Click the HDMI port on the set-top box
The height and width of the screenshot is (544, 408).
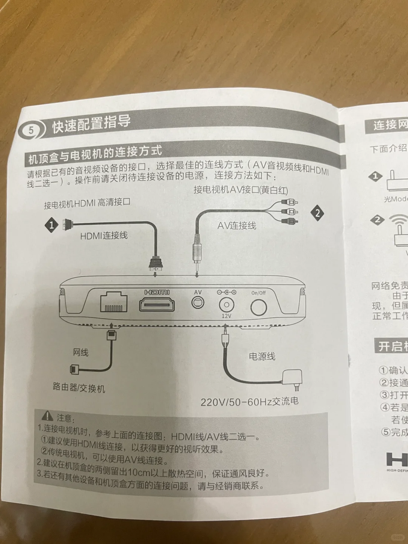157,304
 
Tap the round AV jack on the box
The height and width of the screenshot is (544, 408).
198,302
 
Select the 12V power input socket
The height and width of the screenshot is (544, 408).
226,304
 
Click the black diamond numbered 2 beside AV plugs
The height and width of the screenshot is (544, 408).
317,213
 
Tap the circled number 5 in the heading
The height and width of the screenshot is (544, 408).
31,131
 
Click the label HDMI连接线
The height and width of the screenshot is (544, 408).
104,236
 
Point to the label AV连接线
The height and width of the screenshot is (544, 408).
237,226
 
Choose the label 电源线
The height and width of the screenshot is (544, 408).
262,356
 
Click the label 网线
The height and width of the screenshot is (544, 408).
80,352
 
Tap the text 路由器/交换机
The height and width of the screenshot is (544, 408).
79,387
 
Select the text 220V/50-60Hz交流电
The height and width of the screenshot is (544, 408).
249,401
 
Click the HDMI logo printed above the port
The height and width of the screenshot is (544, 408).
157,292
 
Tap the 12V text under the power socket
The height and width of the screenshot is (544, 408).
226,316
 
